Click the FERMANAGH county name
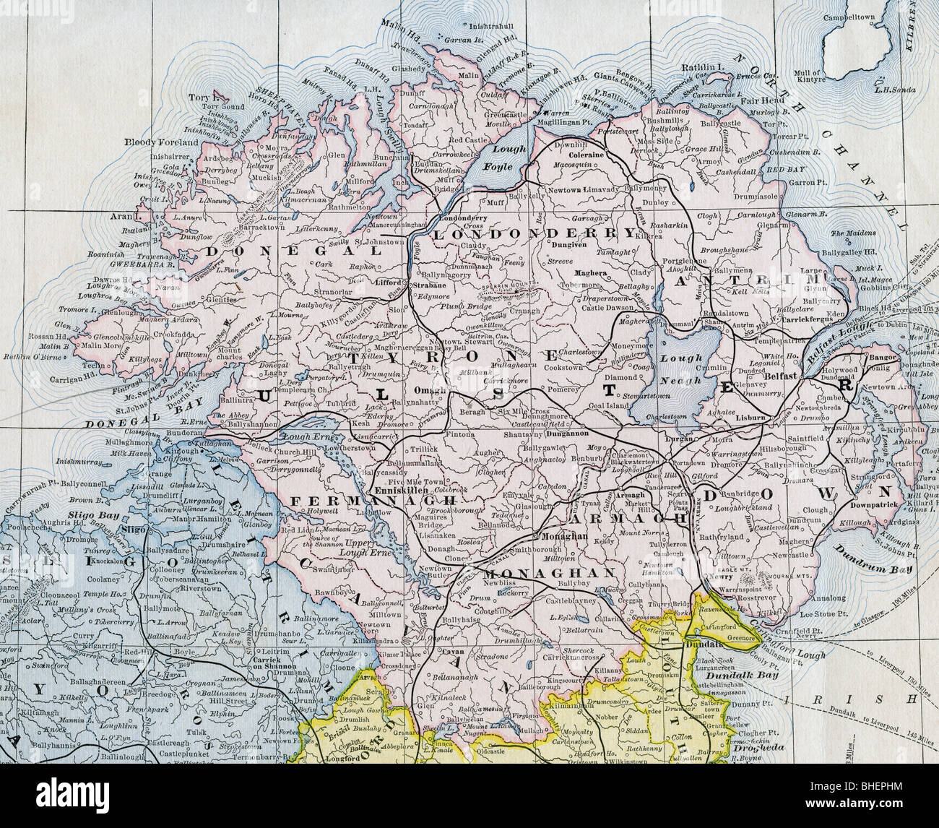point(337,500)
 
